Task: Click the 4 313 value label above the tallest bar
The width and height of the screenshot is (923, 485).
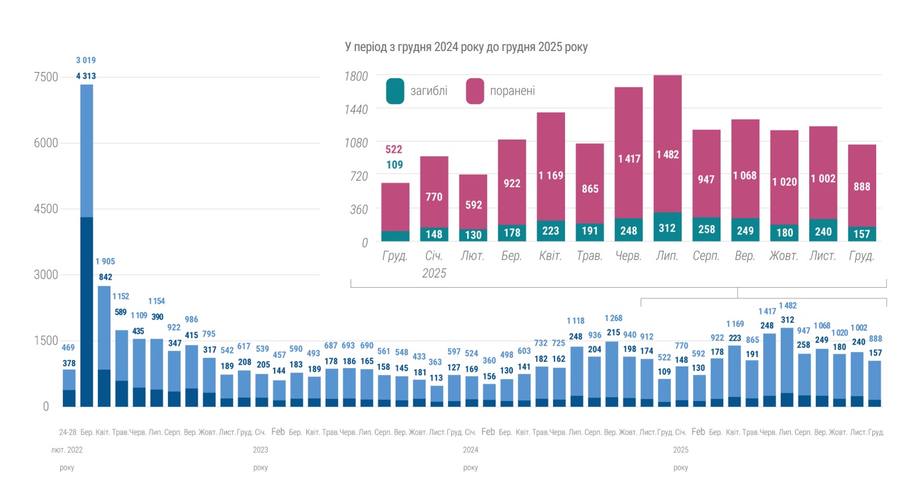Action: click(86, 76)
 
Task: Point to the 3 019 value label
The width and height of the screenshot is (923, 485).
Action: click(86, 61)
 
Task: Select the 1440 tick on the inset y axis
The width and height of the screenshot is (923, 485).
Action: click(357, 109)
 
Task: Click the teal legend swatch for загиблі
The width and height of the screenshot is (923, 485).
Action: click(396, 91)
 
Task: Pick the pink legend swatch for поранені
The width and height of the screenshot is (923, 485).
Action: click(475, 91)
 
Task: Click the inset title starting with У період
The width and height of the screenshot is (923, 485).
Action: click(466, 48)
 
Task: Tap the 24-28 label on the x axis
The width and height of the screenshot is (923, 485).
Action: click(68, 432)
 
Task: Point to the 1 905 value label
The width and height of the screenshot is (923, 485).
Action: click(105, 261)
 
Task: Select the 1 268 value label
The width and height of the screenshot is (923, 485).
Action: click(613, 318)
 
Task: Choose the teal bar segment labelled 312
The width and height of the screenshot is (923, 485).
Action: click(668, 227)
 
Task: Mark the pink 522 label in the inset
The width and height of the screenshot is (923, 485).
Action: click(394, 150)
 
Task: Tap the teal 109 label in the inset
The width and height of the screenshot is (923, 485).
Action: click(394, 165)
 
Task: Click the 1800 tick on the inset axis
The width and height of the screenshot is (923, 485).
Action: click(357, 76)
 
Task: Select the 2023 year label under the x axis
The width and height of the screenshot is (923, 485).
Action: click(260, 450)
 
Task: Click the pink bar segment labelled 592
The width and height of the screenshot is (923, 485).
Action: click(473, 205)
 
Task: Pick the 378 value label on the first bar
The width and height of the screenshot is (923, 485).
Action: click(69, 363)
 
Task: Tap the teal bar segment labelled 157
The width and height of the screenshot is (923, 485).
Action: click(861, 234)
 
